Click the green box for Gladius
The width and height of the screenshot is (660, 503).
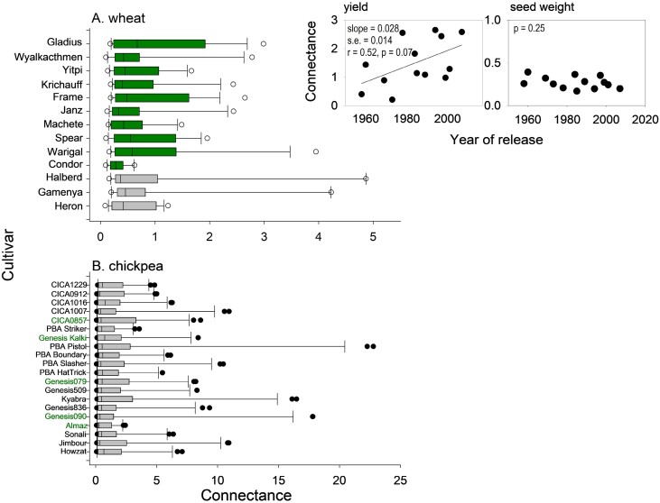tap(159, 43)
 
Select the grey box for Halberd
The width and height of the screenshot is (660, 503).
tap(136, 178)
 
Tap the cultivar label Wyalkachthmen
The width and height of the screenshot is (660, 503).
tap(49, 57)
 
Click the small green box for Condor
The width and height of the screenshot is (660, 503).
tap(116, 165)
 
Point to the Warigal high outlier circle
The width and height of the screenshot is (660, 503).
tap(316, 151)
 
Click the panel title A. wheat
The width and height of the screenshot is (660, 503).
tap(118, 19)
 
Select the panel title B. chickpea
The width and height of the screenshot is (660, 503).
tap(127, 266)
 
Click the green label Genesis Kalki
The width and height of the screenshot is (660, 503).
tap(62, 338)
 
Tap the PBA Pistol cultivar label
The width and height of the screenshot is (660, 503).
tap(69, 347)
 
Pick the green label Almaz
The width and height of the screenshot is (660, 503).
tap(76, 425)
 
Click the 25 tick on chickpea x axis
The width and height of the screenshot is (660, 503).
tap(400, 480)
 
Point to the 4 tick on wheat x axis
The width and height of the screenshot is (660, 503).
tap(319, 236)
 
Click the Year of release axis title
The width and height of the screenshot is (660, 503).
tap(497, 140)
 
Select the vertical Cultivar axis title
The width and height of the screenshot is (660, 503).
tap(8, 255)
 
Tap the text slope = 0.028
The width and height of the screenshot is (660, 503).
tap(373, 29)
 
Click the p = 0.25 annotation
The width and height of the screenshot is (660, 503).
tap(529, 29)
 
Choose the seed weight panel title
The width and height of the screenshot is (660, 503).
tap(542, 7)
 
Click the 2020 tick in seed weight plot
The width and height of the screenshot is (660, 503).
tap(645, 120)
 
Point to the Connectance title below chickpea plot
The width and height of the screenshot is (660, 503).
tap(246, 495)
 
